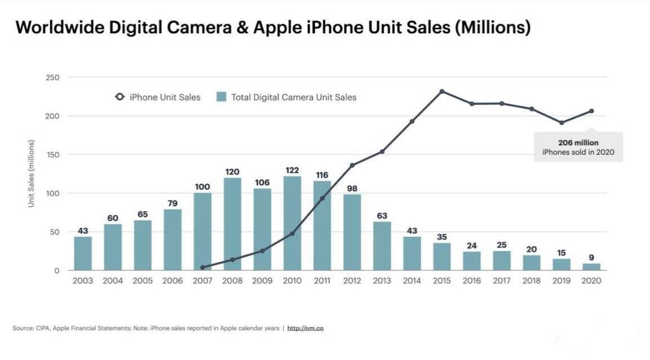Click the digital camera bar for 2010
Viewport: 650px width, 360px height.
pyautogui.click(x=292, y=224)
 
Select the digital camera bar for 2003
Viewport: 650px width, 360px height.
pyautogui.click(x=83, y=254)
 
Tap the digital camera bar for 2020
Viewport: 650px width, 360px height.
pyautogui.click(x=591, y=266)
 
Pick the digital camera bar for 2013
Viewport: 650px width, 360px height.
pyautogui.click(x=382, y=246)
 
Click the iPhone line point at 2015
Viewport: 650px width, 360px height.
pyautogui.click(x=442, y=91)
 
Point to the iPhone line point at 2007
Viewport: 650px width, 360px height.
pyautogui.click(x=202, y=268)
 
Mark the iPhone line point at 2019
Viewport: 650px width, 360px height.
pyautogui.click(x=561, y=123)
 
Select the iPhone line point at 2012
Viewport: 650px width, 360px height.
pyautogui.click(x=352, y=165)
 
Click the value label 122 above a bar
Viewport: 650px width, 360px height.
pyautogui.click(x=292, y=170)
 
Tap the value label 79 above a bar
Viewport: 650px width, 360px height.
pyautogui.click(x=173, y=203)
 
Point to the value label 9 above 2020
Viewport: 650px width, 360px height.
pyautogui.click(x=591, y=257)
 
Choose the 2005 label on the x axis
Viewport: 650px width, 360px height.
pyautogui.click(x=143, y=281)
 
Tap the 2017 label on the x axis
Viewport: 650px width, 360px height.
pyautogui.click(x=502, y=281)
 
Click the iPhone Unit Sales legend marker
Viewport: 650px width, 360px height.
pyautogui.click(x=119, y=97)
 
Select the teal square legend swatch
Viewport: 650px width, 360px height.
pyautogui.click(x=222, y=97)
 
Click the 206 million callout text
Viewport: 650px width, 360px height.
pyautogui.click(x=578, y=143)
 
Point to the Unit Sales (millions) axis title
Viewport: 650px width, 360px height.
pyautogui.click(x=32, y=172)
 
